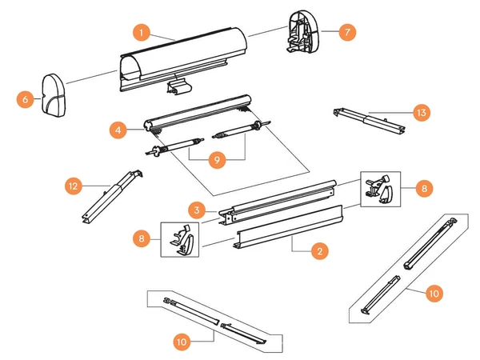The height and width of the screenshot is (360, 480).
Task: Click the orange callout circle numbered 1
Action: (141, 33)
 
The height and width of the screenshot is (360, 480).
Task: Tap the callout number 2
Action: (318, 251)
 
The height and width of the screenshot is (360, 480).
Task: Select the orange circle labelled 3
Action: (195, 209)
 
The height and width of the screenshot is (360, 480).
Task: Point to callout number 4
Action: (118, 128)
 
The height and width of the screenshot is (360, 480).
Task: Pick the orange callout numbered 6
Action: (26, 99)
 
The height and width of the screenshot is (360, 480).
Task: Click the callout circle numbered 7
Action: (346, 33)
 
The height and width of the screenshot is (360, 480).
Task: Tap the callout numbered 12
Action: (74, 186)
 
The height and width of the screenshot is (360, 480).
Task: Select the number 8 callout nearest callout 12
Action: (141, 238)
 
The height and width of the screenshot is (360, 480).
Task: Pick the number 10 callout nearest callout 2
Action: (433, 294)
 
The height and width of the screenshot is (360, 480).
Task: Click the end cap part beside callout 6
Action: (57, 94)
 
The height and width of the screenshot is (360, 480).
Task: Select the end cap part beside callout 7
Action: (302, 33)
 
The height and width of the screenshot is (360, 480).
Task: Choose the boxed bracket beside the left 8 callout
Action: (182, 239)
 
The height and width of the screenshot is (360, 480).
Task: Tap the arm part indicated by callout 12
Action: (110, 195)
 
